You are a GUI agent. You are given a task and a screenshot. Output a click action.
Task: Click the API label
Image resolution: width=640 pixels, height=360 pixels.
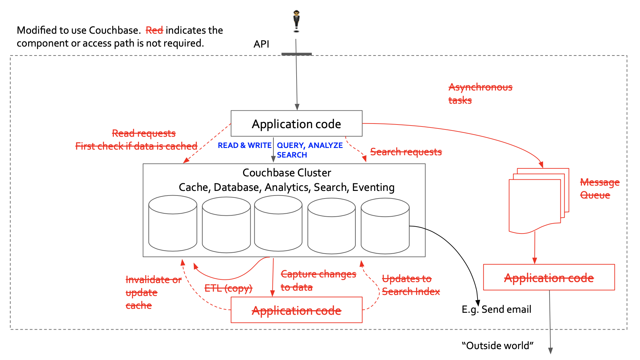pos(261,44)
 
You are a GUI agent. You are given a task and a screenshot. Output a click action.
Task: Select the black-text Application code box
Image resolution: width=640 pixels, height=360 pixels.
pos(296,124)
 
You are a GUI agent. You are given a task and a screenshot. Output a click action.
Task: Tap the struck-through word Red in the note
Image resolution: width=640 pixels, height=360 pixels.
pos(154,30)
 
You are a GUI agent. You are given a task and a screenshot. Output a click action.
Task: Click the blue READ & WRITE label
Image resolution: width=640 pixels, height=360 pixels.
pos(244,145)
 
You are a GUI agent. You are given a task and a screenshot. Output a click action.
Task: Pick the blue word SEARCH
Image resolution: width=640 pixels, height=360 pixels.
pos(292,155)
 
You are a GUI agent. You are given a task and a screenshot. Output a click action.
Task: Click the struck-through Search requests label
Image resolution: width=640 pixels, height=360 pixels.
pos(406,152)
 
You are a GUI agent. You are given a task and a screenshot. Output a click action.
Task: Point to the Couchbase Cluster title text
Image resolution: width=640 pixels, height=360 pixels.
pos(287,173)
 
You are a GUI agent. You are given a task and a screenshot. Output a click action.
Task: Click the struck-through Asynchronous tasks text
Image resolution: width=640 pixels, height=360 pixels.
pos(480,93)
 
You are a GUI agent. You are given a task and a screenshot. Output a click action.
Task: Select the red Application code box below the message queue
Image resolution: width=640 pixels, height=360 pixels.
pos(549,277)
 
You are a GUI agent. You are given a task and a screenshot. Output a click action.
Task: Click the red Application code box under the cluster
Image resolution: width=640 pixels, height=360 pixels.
pos(296,310)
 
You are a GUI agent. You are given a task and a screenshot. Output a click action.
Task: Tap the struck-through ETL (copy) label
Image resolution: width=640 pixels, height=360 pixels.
pos(228,288)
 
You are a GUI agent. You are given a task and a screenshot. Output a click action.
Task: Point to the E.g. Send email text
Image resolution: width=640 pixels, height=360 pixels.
pos(496,309)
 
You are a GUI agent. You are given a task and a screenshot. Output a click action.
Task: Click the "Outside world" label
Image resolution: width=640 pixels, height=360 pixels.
pos(497,346)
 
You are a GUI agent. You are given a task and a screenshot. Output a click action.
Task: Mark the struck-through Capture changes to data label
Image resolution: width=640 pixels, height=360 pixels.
pos(318,280)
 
